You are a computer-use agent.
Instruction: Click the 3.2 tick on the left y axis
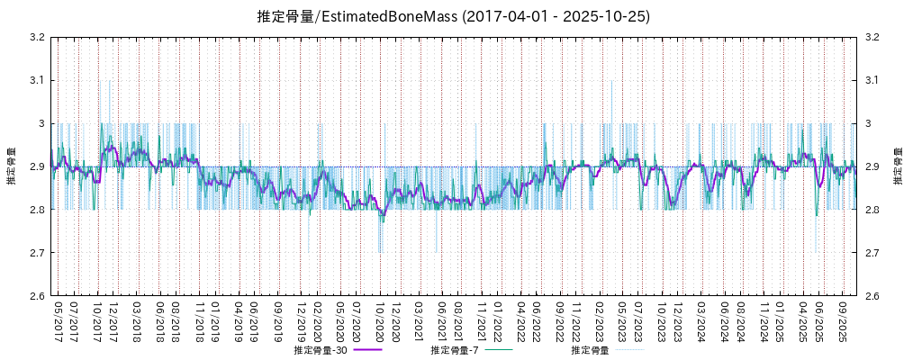click(37, 37)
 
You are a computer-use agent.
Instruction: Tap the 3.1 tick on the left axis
click(37, 80)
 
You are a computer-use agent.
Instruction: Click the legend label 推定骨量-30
click(321, 350)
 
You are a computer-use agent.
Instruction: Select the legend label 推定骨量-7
click(456, 350)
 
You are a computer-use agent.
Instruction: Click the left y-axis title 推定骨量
click(12, 166)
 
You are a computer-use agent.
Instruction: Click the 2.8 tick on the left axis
click(37, 210)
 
